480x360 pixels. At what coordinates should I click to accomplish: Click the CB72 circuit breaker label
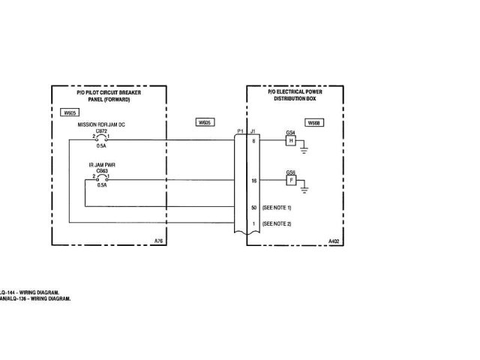point(102,130)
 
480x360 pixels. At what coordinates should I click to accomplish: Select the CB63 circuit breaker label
point(102,170)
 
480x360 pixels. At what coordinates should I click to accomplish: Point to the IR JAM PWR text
point(102,164)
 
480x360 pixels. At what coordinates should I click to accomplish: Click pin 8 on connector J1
point(254,140)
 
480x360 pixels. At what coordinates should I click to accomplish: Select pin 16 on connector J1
point(254,181)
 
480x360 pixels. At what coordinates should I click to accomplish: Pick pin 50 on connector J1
point(254,206)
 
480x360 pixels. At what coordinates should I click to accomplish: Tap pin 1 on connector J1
point(254,223)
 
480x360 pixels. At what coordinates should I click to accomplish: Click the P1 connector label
point(239,131)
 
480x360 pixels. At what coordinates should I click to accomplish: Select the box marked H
point(290,141)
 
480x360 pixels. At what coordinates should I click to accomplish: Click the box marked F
point(290,181)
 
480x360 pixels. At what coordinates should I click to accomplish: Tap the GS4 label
point(290,133)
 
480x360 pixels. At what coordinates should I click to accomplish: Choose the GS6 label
point(290,172)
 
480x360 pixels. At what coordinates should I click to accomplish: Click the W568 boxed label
point(314,121)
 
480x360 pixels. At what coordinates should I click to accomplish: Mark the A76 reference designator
point(157,241)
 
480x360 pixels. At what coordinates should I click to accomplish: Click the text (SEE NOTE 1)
point(277,206)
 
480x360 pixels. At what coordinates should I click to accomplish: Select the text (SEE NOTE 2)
point(277,223)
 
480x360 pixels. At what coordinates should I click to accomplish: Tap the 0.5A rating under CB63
point(101,186)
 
